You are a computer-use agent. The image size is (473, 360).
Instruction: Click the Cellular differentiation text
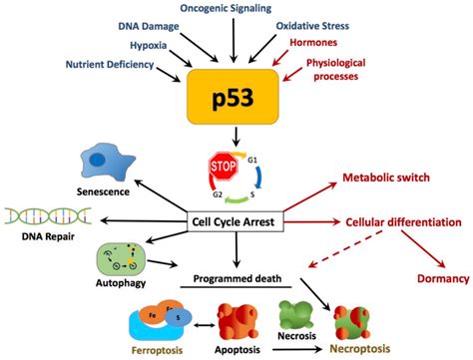coord(403,220)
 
